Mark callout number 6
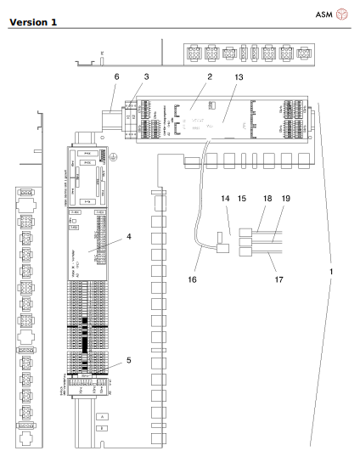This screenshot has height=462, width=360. click(116, 76)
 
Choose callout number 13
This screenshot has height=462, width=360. click(236, 76)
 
